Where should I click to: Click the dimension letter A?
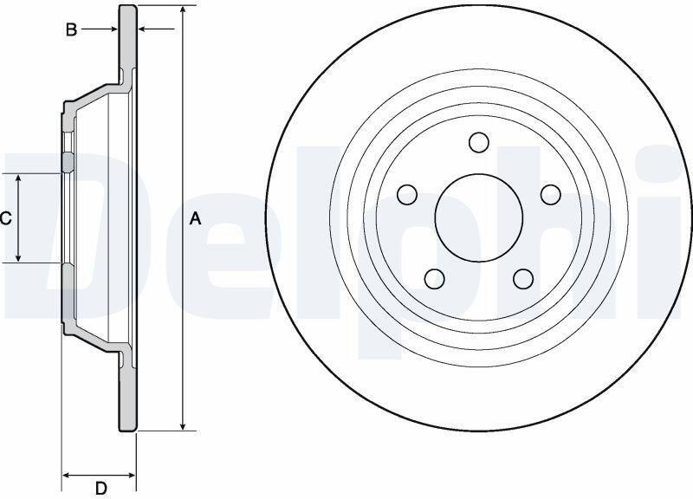pos(196,218)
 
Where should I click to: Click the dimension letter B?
pos(71,30)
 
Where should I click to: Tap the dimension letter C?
pos(5,218)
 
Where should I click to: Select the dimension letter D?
pos(101,489)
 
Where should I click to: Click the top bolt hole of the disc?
pos(479,142)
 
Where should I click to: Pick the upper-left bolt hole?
pos(407,194)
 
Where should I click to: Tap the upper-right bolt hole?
pos(551,194)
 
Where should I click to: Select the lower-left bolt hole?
pos(435,279)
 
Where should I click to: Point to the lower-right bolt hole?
pos(524,279)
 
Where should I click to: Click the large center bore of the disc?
pos(479,217)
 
